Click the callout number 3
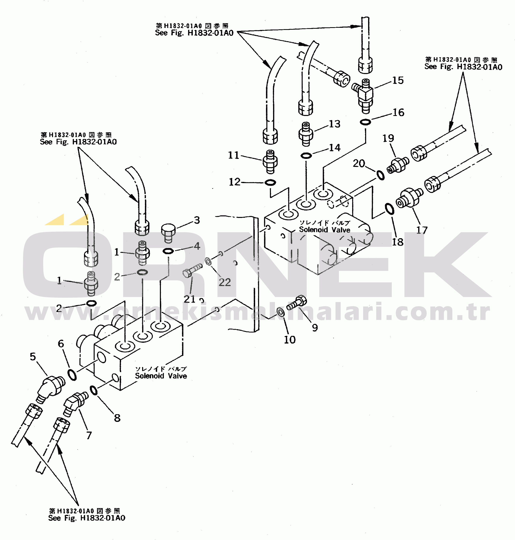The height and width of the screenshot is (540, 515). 197,220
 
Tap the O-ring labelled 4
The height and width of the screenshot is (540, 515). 168,251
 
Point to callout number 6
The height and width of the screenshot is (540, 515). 61,344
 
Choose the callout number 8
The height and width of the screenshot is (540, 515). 117,418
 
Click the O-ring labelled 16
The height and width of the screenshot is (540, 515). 365,122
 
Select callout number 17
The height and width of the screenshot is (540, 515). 422,230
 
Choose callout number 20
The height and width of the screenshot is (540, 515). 359,163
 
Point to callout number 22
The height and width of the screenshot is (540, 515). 225,282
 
